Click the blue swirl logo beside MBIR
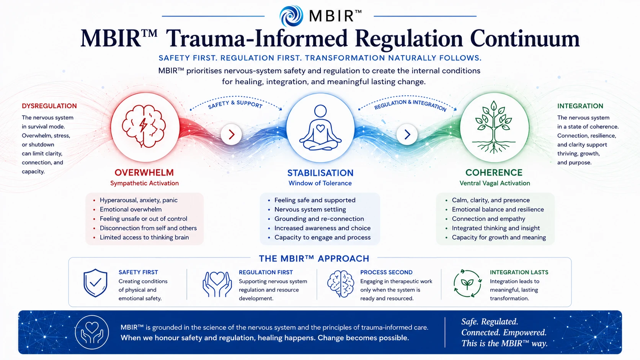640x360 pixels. (291, 16)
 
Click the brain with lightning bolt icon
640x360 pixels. (144, 126)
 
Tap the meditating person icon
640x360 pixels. (320, 127)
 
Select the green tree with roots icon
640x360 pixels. (494, 127)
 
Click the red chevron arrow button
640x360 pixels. (231, 134)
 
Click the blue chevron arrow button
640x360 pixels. (407, 134)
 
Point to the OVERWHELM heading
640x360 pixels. (144, 173)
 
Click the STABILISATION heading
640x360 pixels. (320, 173)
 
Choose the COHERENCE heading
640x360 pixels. (494, 173)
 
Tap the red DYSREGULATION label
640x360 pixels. (49, 106)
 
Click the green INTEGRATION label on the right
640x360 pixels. (580, 106)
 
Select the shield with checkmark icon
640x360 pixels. (95, 283)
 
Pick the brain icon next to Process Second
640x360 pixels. (341, 284)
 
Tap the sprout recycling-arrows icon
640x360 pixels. (467, 283)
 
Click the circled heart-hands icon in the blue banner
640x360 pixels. (92, 332)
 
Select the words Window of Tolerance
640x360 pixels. (320, 183)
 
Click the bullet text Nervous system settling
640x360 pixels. (310, 210)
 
